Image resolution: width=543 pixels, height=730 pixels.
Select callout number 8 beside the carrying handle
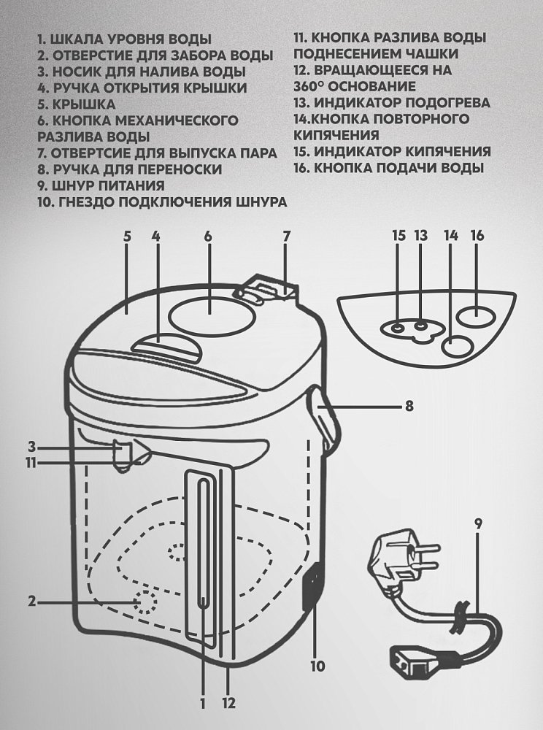pyautogui.click(x=409, y=405)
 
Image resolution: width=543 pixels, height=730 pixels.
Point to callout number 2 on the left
pyautogui.click(x=32, y=602)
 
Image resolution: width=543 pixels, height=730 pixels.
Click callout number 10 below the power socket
pyautogui.click(x=316, y=666)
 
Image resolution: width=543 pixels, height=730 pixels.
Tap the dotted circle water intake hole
pyautogui.click(x=145, y=603)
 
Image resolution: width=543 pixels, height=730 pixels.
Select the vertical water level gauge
pyautogui.click(x=203, y=555)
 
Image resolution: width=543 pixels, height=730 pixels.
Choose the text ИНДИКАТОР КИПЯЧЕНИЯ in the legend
pyautogui.click(x=408, y=152)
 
